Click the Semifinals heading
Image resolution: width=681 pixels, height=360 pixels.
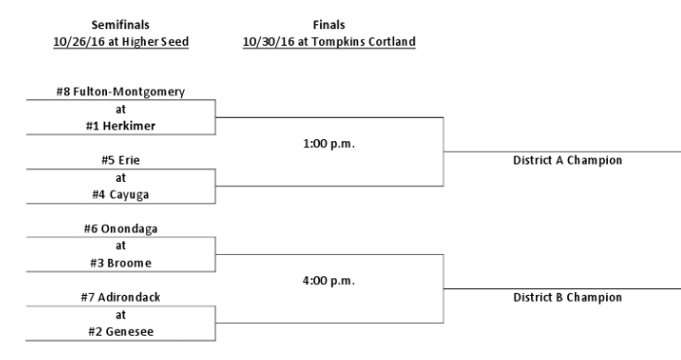click(x=121, y=24)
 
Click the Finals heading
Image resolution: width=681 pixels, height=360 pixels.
click(x=329, y=24)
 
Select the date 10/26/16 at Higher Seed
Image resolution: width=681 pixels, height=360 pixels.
click(x=121, y=42)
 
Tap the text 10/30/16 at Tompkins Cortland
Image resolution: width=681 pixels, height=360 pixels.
click(x=329, y=42)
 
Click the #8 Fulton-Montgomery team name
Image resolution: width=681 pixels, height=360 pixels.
click(x=121, y=92)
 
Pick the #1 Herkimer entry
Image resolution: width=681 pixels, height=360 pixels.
click(x=121, y=126)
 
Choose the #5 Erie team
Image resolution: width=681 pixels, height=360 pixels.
click(x=121, y=161)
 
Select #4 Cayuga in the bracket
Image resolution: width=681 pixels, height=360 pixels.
click(x=121, y=195)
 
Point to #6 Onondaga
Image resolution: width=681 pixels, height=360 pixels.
click(x=121, y=229)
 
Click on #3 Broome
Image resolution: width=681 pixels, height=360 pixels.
click(x=121, y=263)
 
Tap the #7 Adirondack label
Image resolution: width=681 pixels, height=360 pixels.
click(x=121, y=297)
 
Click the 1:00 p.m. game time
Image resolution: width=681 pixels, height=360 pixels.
click(x=329, y=144)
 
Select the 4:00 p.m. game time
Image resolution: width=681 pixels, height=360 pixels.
click(x=329, y=280)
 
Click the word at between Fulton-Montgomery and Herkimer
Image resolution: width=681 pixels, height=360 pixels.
click(x=121, y=109)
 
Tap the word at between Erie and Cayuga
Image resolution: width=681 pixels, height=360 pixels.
click(x=121, y=177)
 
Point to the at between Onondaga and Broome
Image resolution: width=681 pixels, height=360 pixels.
click(x=121, y=245)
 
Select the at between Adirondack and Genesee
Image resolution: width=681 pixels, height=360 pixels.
click(x=121, y=314)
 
